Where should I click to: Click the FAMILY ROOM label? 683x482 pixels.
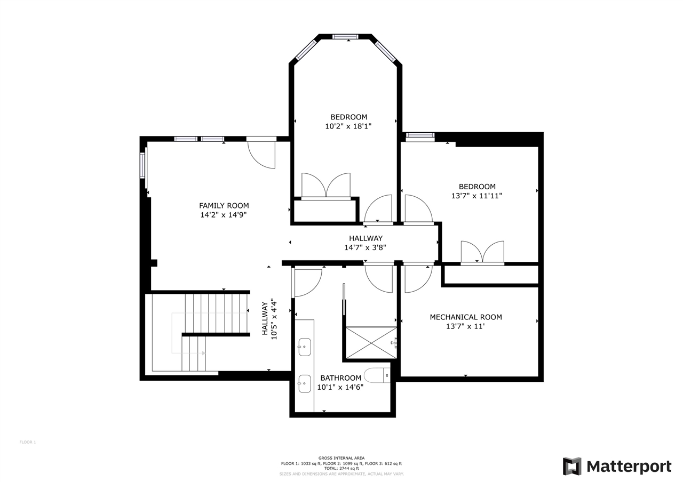click(x=224, y=205)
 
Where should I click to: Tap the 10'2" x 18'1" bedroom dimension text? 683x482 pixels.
click(x=348, y=126)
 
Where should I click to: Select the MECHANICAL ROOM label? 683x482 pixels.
click(x=466, y=317)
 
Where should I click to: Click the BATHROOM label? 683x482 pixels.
click(x=340, y=378)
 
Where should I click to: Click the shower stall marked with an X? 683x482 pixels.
click(x=371, y=343)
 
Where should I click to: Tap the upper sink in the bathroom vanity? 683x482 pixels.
click(x=305, y=347)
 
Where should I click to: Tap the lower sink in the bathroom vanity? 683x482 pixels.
click(x=305, y=383)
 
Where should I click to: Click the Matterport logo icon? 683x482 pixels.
click(x=571, y=466)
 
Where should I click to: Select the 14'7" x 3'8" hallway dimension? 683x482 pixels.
click(x=365, y=247)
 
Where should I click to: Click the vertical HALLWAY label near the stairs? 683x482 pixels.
click(x=265, y=318)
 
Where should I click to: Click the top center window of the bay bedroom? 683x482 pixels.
click(x=345, y=37)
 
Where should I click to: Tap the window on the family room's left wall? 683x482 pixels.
click(x=142, y=165)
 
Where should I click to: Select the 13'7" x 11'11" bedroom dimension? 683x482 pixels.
click(x=476, y=196)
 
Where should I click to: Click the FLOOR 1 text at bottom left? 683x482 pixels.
click(x=28, y=442)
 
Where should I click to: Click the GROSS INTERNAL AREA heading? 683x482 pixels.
click(x=341, y=458)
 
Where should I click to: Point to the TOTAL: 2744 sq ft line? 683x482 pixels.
click(x=341, y=469)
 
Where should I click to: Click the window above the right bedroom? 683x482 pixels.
click(x=420, y=135)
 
